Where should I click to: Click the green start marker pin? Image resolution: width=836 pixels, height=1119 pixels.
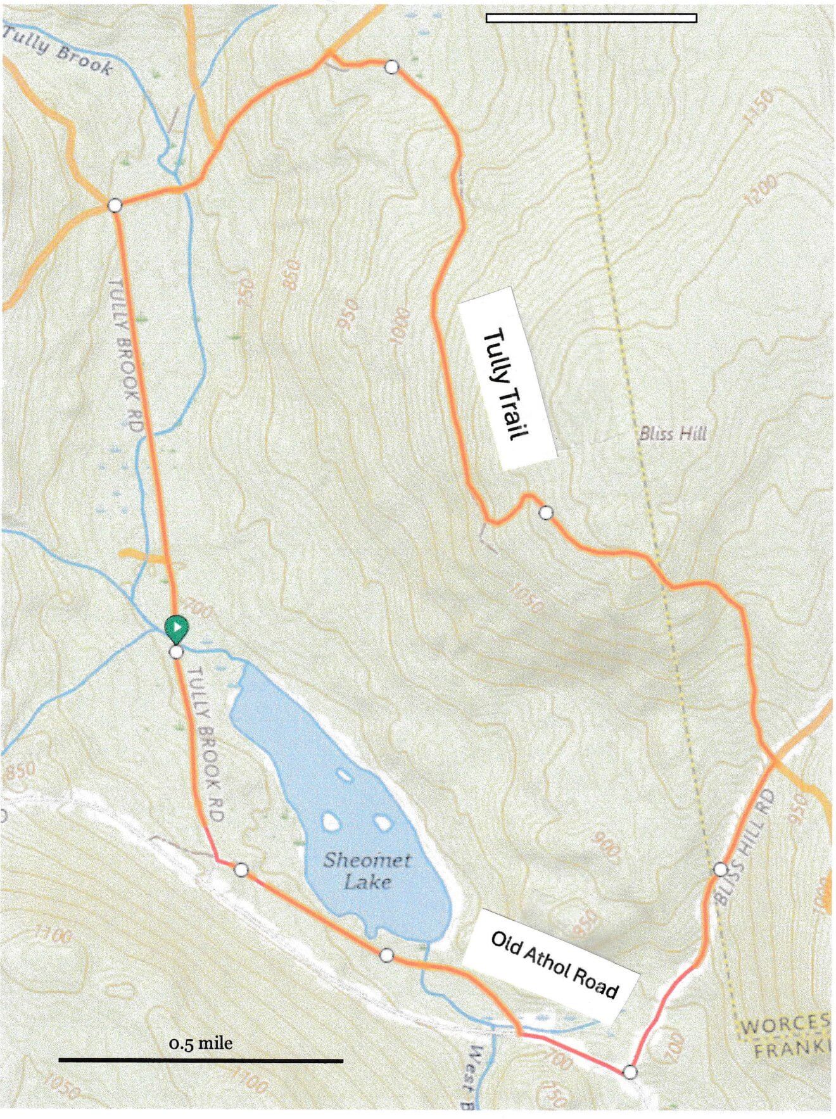click(177, 627)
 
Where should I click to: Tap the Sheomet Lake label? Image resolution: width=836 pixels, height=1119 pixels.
click(367, 871)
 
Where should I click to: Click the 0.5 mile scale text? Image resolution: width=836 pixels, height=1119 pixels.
click(200, 1042)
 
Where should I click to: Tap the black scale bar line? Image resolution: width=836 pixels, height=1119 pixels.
click(200, 1060)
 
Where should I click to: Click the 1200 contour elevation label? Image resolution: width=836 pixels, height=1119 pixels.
click(760, 190)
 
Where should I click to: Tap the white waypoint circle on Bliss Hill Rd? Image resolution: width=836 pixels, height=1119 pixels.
click(720, 869)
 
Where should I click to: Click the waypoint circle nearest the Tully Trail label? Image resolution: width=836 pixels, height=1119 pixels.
click(546, 512)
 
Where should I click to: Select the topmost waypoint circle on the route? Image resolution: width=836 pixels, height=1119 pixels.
click(392, 66)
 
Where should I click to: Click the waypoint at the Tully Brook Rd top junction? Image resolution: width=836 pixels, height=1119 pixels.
click(115, 205)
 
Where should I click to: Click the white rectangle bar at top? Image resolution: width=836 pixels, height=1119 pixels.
click(592, 18)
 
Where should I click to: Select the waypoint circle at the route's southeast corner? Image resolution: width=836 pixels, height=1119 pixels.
click(630, 1072)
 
